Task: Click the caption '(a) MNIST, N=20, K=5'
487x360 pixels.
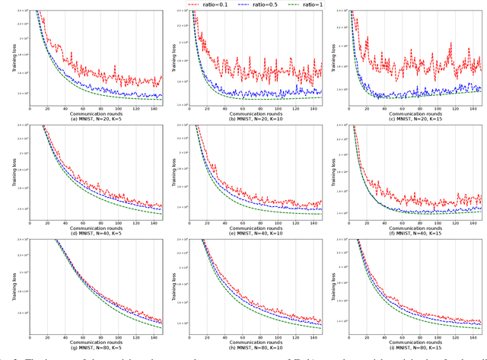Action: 96,119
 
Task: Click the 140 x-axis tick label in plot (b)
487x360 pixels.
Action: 314,109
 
